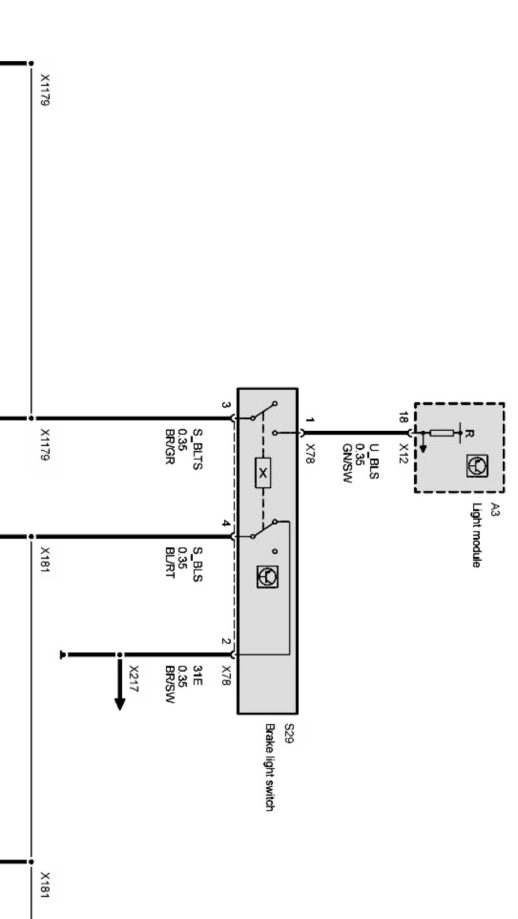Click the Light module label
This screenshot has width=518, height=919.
point(477,535)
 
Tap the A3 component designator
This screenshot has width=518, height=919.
point(494,510)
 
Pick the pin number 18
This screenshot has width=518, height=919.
point(403,418)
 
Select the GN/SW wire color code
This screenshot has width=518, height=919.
point(347,463)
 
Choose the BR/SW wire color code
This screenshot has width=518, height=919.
point(170,684)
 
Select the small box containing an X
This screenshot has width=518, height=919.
point(263,473)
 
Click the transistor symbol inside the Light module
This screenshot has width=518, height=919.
point(477,465)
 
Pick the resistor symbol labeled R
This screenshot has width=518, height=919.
point(442,434)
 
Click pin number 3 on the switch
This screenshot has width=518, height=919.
point(225,405)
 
